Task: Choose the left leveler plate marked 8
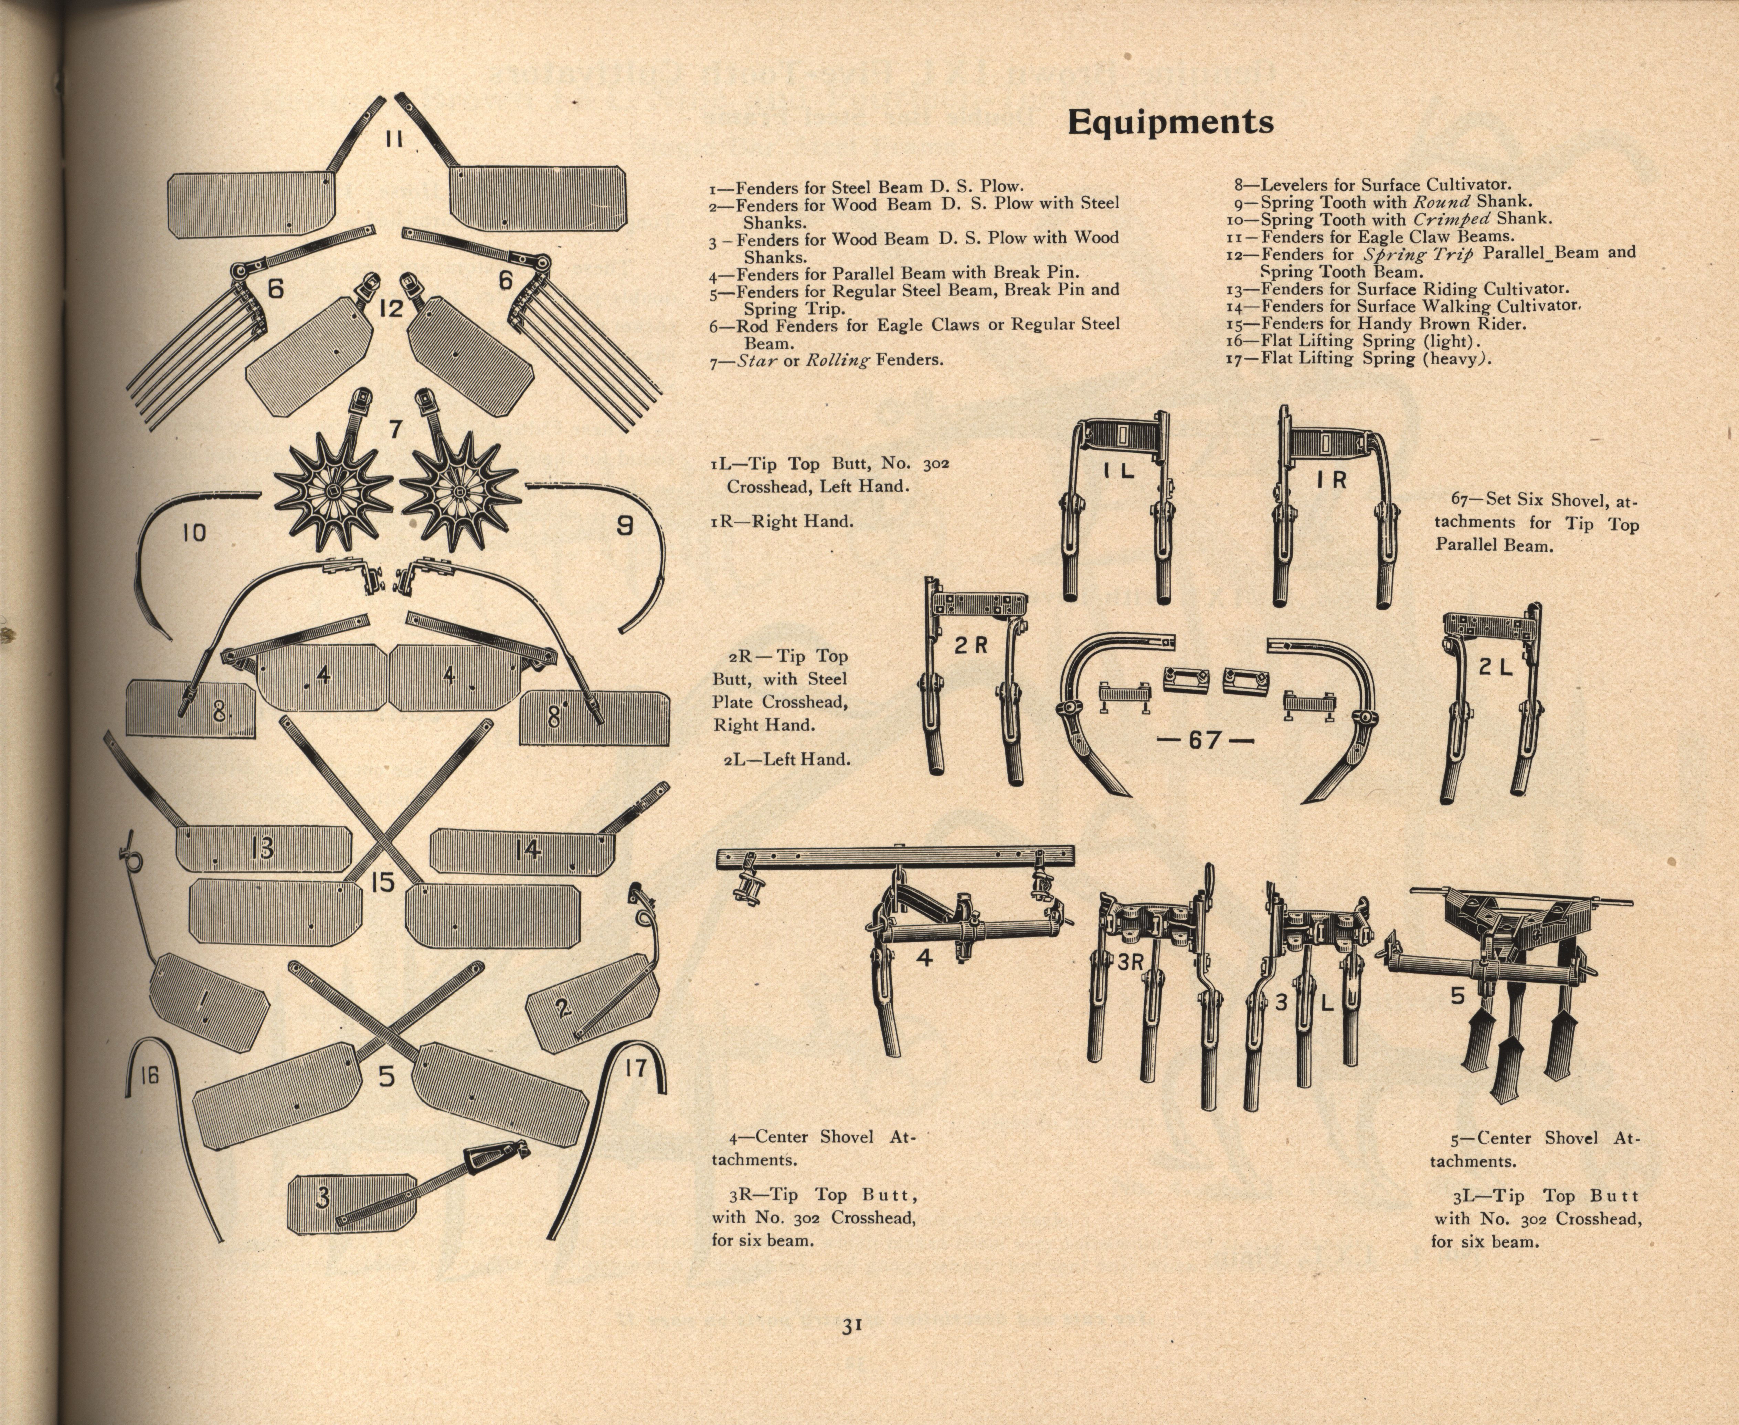(190, 708)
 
